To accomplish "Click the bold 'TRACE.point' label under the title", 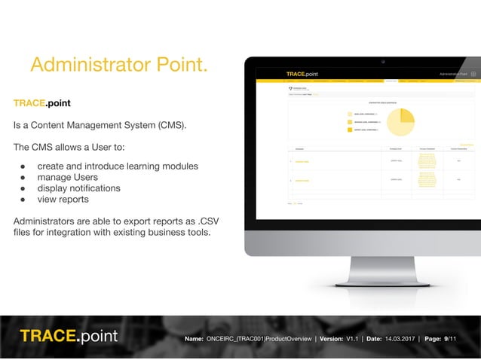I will (x=42, y=102).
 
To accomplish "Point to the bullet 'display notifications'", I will (x=78, y=188).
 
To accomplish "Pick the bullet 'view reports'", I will (x=63, y=200).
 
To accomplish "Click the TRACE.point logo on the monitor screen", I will (x=302, y=74).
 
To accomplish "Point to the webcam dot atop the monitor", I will (x=383, y=61).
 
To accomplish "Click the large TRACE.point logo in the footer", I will (x=69, y=336).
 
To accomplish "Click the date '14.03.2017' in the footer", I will (x=403, y=340).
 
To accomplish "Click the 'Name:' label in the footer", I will (x=194, y=340).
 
